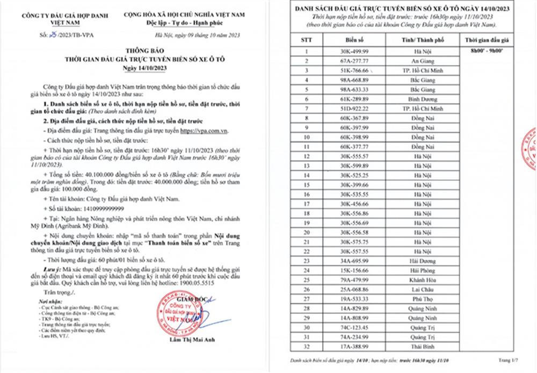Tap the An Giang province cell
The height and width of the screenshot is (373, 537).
pos(413,61)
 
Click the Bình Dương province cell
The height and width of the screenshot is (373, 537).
pos(413,99)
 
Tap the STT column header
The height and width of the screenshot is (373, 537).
pos(306,40)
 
